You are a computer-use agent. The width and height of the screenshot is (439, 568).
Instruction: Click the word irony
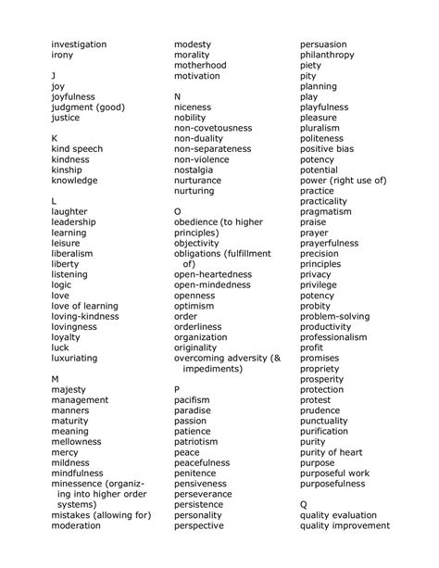click(62, 56)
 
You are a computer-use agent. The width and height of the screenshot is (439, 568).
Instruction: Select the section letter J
click(54, 76)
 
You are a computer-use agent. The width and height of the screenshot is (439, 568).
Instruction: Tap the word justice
click(66, 119)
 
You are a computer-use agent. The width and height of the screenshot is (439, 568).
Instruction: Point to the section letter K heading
click(55, 139)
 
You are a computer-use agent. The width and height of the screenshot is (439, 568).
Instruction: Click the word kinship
click(68, 170)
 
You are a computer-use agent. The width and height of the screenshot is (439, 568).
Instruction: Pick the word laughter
click(70, 212)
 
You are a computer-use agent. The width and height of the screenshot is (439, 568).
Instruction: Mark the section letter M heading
click(56, 379)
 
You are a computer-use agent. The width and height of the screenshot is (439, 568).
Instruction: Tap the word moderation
click(76, 525)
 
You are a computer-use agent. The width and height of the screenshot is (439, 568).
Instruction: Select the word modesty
click(193, 44)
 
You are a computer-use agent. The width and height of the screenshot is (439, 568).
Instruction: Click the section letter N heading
click(178, 97)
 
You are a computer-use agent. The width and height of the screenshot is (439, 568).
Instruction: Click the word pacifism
click(192, 400)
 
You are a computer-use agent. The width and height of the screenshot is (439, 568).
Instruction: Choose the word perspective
click(199, 525)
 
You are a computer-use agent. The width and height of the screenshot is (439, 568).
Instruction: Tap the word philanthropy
click(327, 56)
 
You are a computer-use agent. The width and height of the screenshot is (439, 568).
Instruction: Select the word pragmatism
click(326, 212)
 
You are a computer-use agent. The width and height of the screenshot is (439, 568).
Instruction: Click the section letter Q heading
click(304, 505)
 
